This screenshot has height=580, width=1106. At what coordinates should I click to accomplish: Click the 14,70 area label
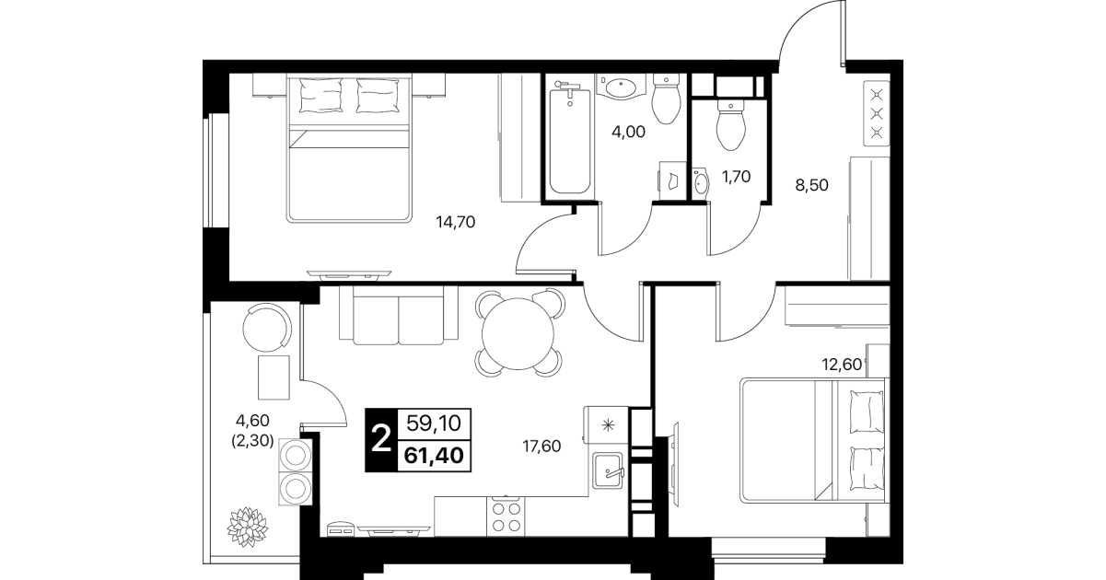click(455, 222)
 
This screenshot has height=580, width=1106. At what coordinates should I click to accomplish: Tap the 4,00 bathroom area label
click(628, 132)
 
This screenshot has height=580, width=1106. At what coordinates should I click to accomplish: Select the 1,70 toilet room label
click(736, 176)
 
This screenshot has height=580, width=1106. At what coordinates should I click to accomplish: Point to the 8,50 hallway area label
click(811, 185)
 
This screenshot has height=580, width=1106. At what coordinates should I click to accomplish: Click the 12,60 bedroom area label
click(842, 365)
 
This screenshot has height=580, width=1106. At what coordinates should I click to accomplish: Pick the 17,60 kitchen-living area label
click(541, 447)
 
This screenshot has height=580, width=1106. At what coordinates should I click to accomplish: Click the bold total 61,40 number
click(434, 455)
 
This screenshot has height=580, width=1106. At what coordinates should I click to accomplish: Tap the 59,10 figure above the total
click(434, 423)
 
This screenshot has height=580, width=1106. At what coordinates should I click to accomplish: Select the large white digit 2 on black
click(380, 439)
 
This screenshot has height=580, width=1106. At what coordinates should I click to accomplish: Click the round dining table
click(518, 333)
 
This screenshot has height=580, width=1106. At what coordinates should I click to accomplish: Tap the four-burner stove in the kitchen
click(506, 516)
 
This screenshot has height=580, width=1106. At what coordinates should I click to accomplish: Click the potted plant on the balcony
click(248, 528)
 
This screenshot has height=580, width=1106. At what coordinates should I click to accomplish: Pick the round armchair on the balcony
click(267, 327)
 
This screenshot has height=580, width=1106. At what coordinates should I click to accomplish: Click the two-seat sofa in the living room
click(399, 315)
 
